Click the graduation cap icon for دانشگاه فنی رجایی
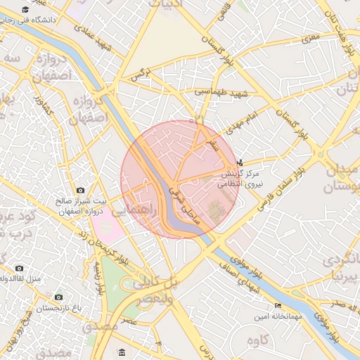tap(26, 10)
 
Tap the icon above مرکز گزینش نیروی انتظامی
tap(241, 162)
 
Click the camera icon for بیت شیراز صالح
tap(80, 191)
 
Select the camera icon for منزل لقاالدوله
tap(19, 268)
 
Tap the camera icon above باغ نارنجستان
tap(58, 297)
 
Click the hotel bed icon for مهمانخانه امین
tap(278, 306)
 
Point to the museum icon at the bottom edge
tap(122, 352)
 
